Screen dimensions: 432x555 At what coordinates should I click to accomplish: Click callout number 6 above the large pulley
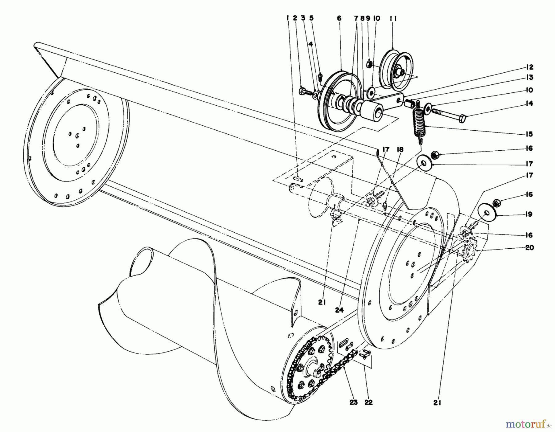[x=339, y=18]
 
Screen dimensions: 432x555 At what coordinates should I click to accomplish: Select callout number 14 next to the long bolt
[x=529, y=103]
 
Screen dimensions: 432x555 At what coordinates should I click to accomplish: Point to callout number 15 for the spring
[x=529, y=134]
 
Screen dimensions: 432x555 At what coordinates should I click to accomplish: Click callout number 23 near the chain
[x=354, y=402]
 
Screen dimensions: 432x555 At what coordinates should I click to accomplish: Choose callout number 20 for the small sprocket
[x=529, y=247]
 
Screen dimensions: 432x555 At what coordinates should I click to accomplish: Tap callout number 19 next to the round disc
[x=529, y=214]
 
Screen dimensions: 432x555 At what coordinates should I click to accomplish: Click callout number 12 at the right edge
[x=529, y=67]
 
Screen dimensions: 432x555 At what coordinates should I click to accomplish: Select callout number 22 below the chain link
[x=368, y=402]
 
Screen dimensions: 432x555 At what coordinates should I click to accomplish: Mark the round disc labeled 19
[x=486, y=213]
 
